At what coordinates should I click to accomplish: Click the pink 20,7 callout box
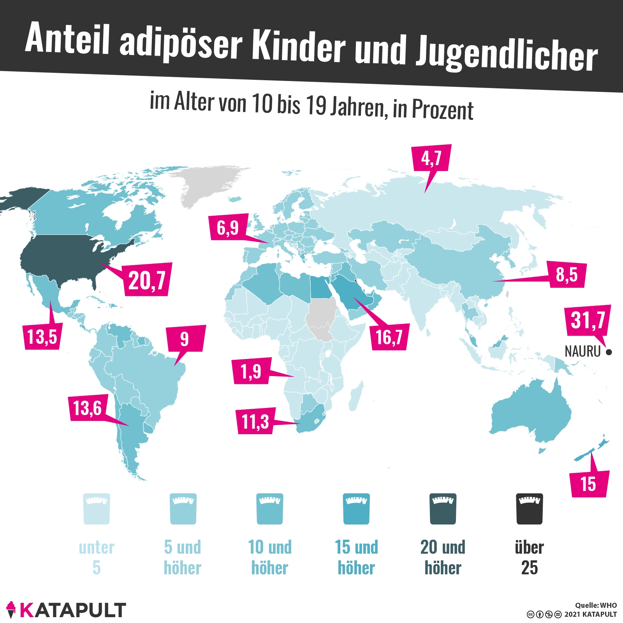point(147,280)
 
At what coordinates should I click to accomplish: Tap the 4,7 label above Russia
point(431,158)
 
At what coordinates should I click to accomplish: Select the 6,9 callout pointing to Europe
point(228,227)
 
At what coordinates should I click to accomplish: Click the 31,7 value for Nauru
point(588,320)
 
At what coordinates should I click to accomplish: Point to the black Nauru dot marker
point(609,352)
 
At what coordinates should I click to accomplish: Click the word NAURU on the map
point(583,352)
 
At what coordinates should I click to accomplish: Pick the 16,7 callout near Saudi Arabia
point(389,337)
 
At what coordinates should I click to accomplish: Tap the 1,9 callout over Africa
point(251,371)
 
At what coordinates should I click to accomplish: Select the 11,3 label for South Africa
point(255,421)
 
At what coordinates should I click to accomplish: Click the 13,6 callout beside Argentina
point(88,408)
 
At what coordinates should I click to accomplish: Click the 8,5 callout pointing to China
point(567,275)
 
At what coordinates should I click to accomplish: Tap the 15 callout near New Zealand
point(588,484)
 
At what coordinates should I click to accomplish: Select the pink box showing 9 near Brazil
point(185,339)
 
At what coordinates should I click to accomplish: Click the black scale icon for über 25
point(529,509)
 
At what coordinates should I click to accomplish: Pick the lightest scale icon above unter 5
point(97,509)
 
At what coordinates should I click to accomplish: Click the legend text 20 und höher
point(443,557)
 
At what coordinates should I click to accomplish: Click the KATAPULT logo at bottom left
point(66,610)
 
